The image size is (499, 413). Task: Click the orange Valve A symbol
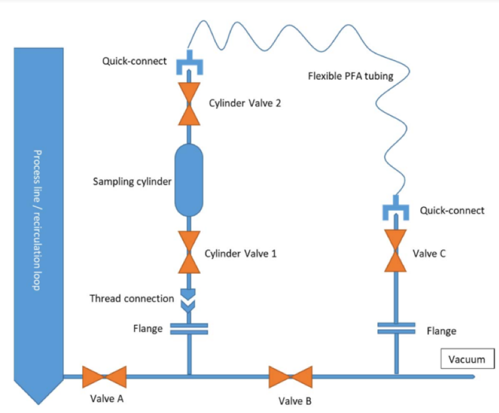click(x=104, y=376)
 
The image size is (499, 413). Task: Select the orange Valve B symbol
click(x=291, y=376)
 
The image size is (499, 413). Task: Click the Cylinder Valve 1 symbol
click(x=189, y=252)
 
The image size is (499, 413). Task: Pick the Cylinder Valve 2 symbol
click(x=189, y=104)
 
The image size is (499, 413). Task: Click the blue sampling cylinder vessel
click(x=189, y=180)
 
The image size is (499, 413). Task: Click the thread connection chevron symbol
click(x=189, y=299)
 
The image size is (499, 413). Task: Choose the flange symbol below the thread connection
click(x=189, y=329)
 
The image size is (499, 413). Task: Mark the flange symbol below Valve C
click(x=396, y=328)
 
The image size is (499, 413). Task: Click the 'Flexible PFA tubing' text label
click(x=350, y=76)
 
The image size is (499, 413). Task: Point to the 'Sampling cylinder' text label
click(x=132, y=181)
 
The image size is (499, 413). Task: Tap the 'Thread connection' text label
click(x=132, y=299)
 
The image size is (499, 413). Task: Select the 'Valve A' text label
click(x=104, y=397)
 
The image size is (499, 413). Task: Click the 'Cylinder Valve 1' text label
click(x=240, y=253)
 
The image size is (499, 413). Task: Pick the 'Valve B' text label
click(x=291, y=400)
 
